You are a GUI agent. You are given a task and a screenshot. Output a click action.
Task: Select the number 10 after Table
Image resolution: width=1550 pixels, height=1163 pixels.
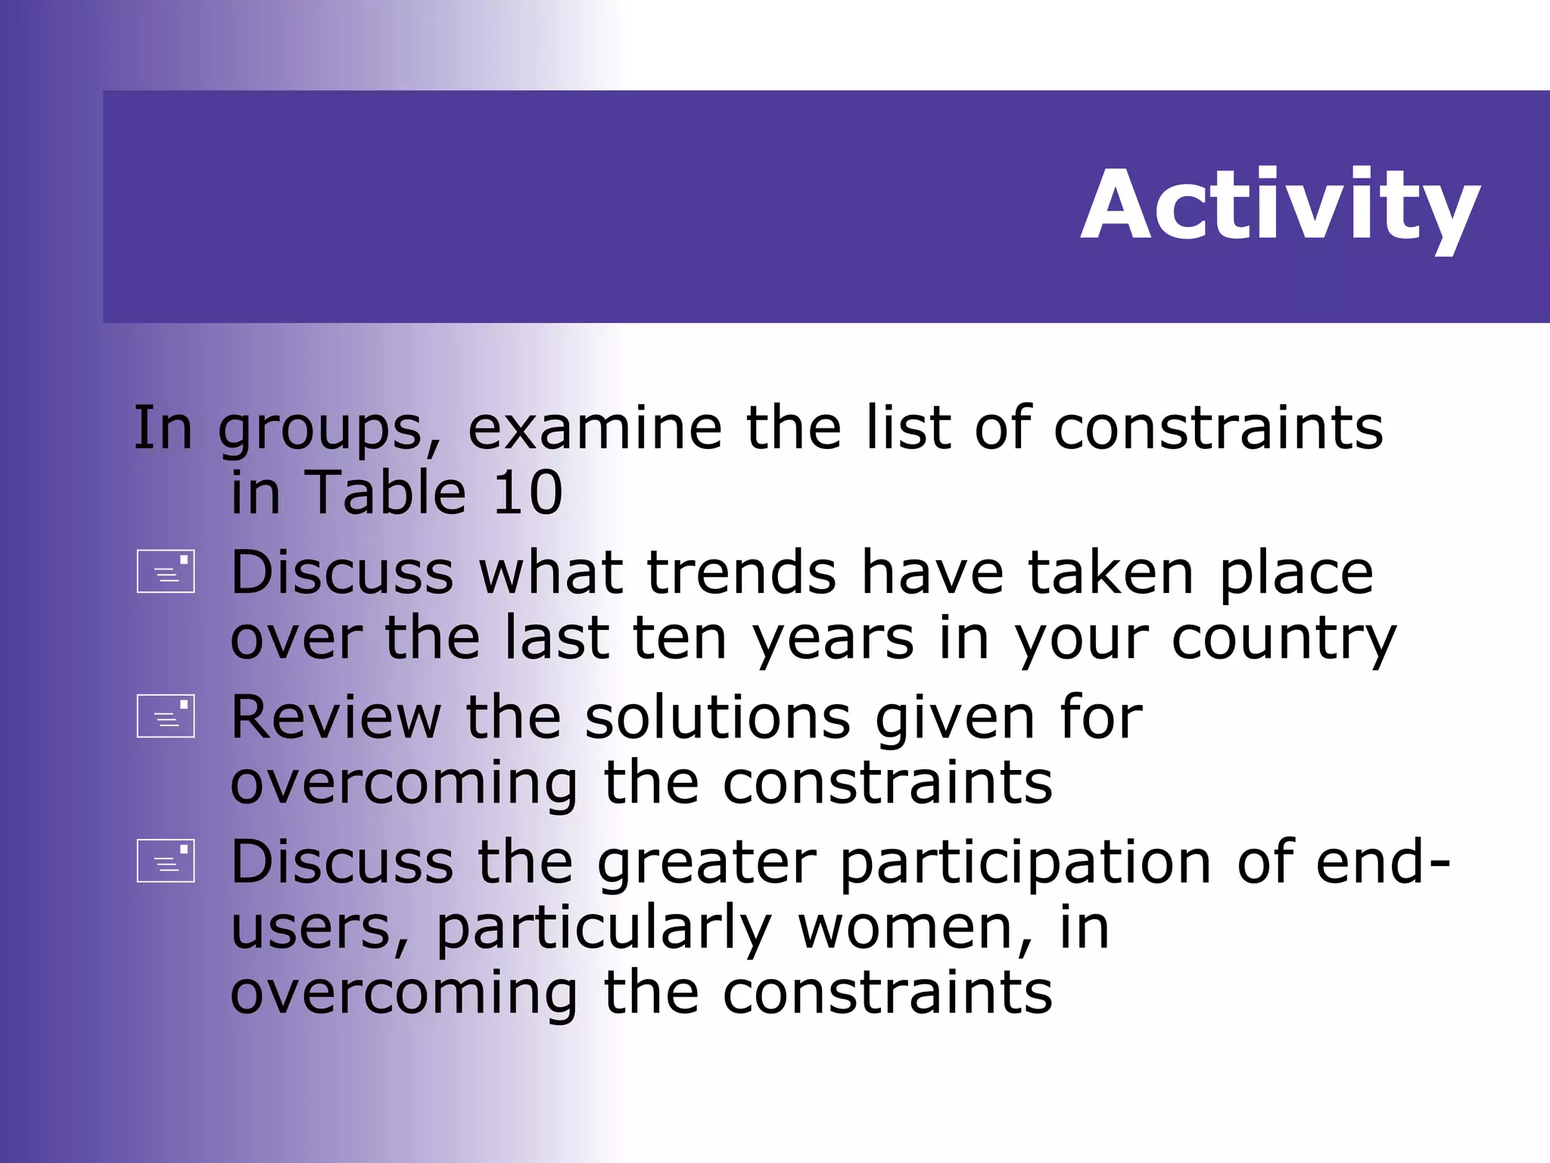click(x=528, y=493)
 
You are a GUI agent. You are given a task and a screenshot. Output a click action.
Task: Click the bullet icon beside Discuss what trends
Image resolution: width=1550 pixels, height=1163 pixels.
click(x=166, y=571)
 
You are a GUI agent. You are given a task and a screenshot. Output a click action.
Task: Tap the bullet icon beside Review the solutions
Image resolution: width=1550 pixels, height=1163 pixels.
click(x=166, y=716)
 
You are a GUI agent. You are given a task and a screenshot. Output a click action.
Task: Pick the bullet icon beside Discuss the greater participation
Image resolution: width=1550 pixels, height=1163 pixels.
click(x=166, y=861)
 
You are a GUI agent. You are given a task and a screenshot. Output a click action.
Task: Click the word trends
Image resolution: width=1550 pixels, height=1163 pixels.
click(x=741, y=572)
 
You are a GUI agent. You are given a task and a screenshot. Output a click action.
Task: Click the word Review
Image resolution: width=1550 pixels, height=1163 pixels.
click(x=335, y=717)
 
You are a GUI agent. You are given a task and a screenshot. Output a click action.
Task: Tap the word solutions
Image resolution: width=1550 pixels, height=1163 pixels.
click(x=717, y=717)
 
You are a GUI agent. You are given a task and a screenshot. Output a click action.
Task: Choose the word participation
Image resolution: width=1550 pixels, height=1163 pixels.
click(x=1026, y=863)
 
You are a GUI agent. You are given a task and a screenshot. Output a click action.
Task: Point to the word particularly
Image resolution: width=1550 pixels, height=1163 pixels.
click(x=603, y=930)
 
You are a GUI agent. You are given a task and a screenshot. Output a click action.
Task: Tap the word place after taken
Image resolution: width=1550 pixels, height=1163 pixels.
click(x=1296, y=574)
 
